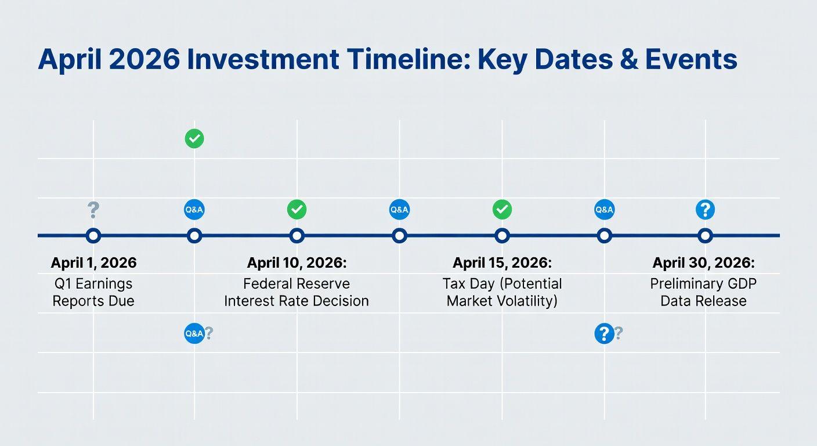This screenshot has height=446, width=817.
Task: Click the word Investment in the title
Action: click(x=263, y=59)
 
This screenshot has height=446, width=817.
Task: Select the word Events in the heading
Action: click(x=691, y=59)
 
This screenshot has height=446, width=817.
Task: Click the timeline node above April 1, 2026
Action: click(x=93, y=236)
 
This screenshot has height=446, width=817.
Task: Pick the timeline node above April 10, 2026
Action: click(x=297, y=236)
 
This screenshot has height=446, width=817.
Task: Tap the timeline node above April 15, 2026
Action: click(x=503, y=236)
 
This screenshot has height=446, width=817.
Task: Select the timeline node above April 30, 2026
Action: click(x=705, y=236)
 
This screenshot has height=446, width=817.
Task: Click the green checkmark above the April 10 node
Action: click(x=297, y=210)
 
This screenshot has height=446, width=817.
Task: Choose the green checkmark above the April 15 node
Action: click(x=503, y=210)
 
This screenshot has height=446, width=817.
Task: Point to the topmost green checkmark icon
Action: click(x=194, y=139)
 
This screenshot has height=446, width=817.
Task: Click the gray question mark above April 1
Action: click(x=93, y=210)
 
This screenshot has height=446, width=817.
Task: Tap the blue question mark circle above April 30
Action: click(x=705, y=210)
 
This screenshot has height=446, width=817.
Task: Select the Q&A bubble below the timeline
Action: click(x=194, y=333)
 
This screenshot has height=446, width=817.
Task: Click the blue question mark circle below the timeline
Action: click(x=605, y=333)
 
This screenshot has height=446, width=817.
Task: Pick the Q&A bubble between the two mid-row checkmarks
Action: click(x=399, y=210)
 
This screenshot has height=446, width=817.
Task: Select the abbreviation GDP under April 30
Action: click(x=741, y=283)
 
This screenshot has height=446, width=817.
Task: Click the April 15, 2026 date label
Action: click(x=503, y=263)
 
